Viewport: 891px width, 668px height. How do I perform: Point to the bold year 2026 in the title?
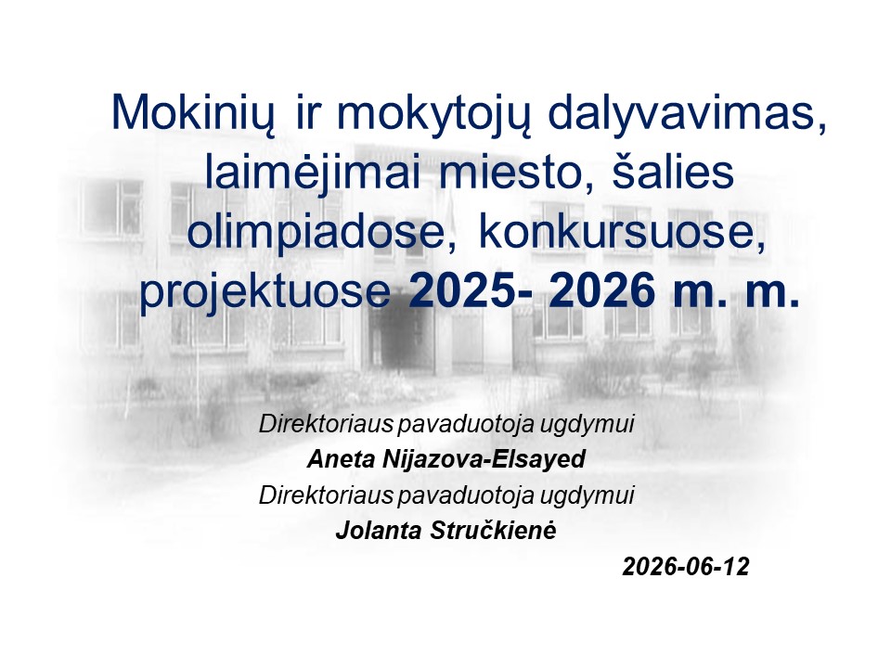pos(601,290)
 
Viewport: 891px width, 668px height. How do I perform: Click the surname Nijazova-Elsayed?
pos(484,459)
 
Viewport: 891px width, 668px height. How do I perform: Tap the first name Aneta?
pos(342,459)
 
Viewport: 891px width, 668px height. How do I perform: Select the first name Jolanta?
pos(379,531)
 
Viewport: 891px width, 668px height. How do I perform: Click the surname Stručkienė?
pos(493,531)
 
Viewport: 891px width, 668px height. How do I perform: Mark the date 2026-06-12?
pos(686,567)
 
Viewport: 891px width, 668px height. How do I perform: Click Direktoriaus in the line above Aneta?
pos(326,424)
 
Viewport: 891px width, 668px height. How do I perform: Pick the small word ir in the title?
pos(308,113)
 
